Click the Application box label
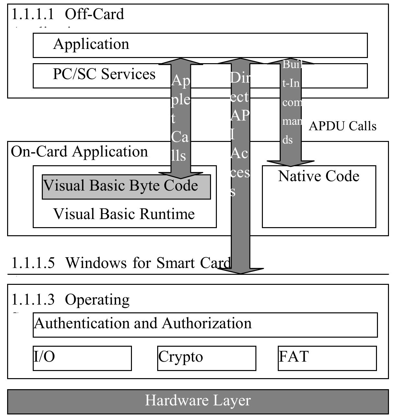point(91,44)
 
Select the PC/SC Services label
point(104,74)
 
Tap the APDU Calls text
point(343,126)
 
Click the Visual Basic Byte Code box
point(126,187)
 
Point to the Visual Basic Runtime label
point(124,214)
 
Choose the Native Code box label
point(319,177)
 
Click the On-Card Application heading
point(79,152)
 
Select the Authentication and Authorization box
point(205,324)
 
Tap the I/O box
point(82,358)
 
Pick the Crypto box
point(206,358)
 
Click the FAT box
point(327,358)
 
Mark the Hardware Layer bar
point(198,401)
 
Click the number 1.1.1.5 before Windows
point(33,263)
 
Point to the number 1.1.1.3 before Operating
point(33,300)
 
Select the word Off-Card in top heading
point(94,14)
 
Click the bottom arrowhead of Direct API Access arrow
point(241,271)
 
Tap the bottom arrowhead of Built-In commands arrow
point(290,163)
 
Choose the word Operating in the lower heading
point(97,300)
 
